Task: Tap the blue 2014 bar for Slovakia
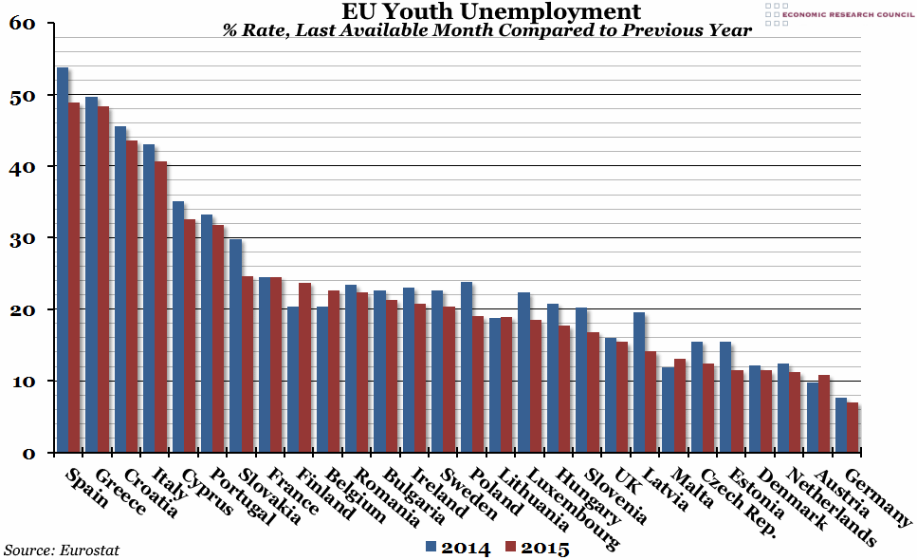tap(236, 345)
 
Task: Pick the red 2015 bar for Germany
tap(853, 427)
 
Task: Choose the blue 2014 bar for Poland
tap(467, 366)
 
